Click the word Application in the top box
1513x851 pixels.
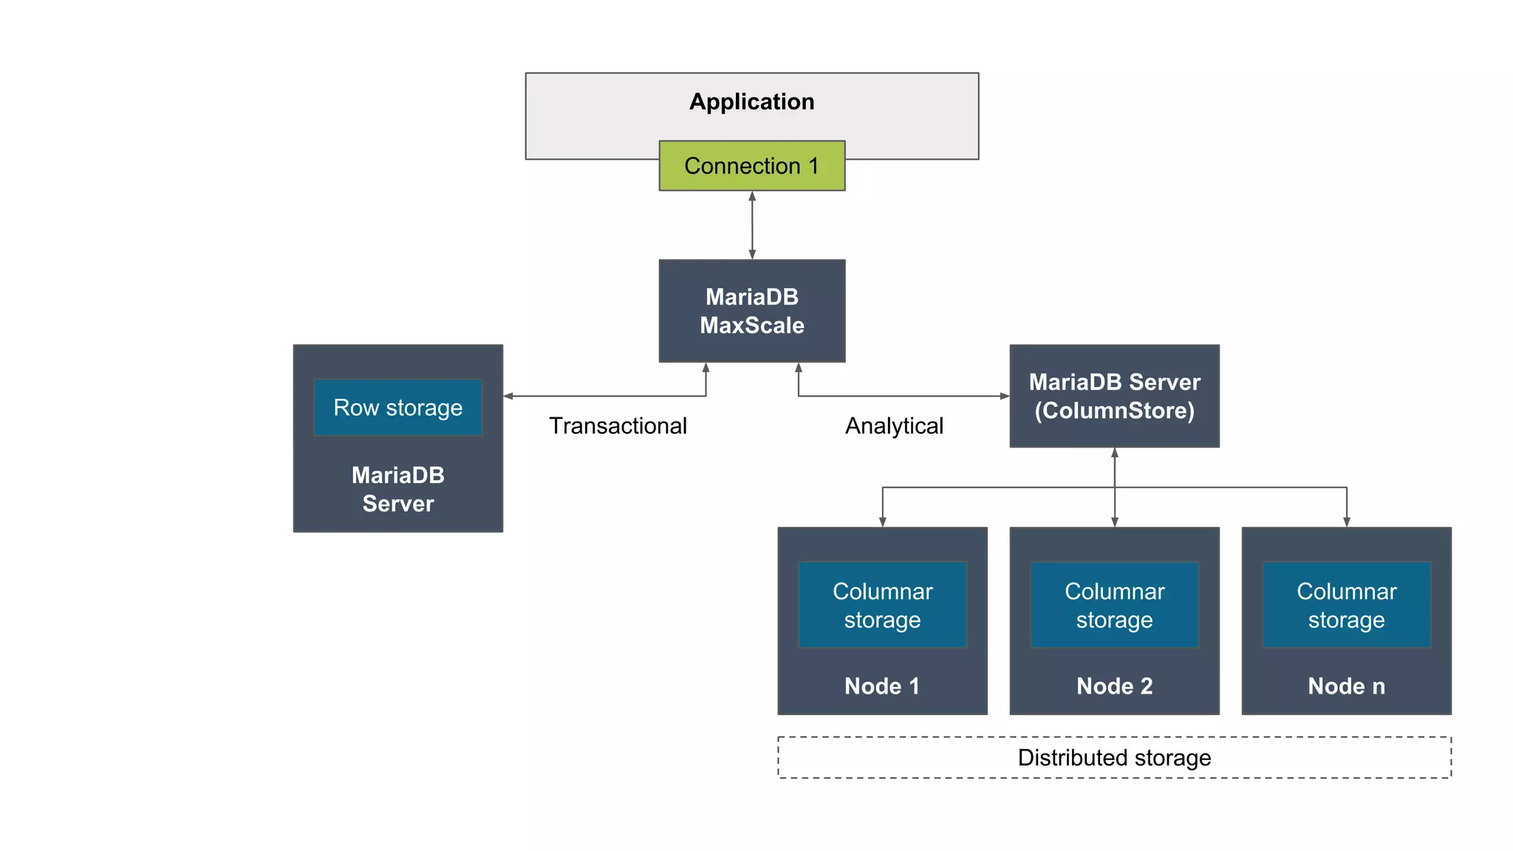[x=751, y=102]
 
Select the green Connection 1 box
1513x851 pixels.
[x=751, y=166]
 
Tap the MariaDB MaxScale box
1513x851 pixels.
[x=751, y=311]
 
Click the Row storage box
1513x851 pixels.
[x=397, y=408]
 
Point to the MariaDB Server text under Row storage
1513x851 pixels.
[x=397, y=489]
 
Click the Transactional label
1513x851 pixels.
[x=618, y=426]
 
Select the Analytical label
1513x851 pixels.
[x=894, y=426]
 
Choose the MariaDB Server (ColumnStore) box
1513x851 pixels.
[x=1114, y=396]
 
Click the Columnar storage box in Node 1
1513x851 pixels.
[x=882, y=605]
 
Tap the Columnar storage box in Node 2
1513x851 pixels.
[x=1114, y=605]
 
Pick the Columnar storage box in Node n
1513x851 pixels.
[x=1346, y=605]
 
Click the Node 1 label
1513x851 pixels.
[x=882, y=686]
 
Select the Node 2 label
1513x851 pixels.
[x=1114, y=686]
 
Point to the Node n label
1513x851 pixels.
[x=1346, y=686]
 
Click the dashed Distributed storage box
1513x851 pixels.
[x=1114, y=758]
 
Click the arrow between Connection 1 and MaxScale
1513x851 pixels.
[x=752, y=225]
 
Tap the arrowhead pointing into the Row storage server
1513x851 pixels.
[x=508, y=397]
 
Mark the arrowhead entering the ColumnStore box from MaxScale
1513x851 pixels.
[x=1005, y=397]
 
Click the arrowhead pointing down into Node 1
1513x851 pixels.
[x=882, y=522]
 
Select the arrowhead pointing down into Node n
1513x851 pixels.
[x=1346, y=522]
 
